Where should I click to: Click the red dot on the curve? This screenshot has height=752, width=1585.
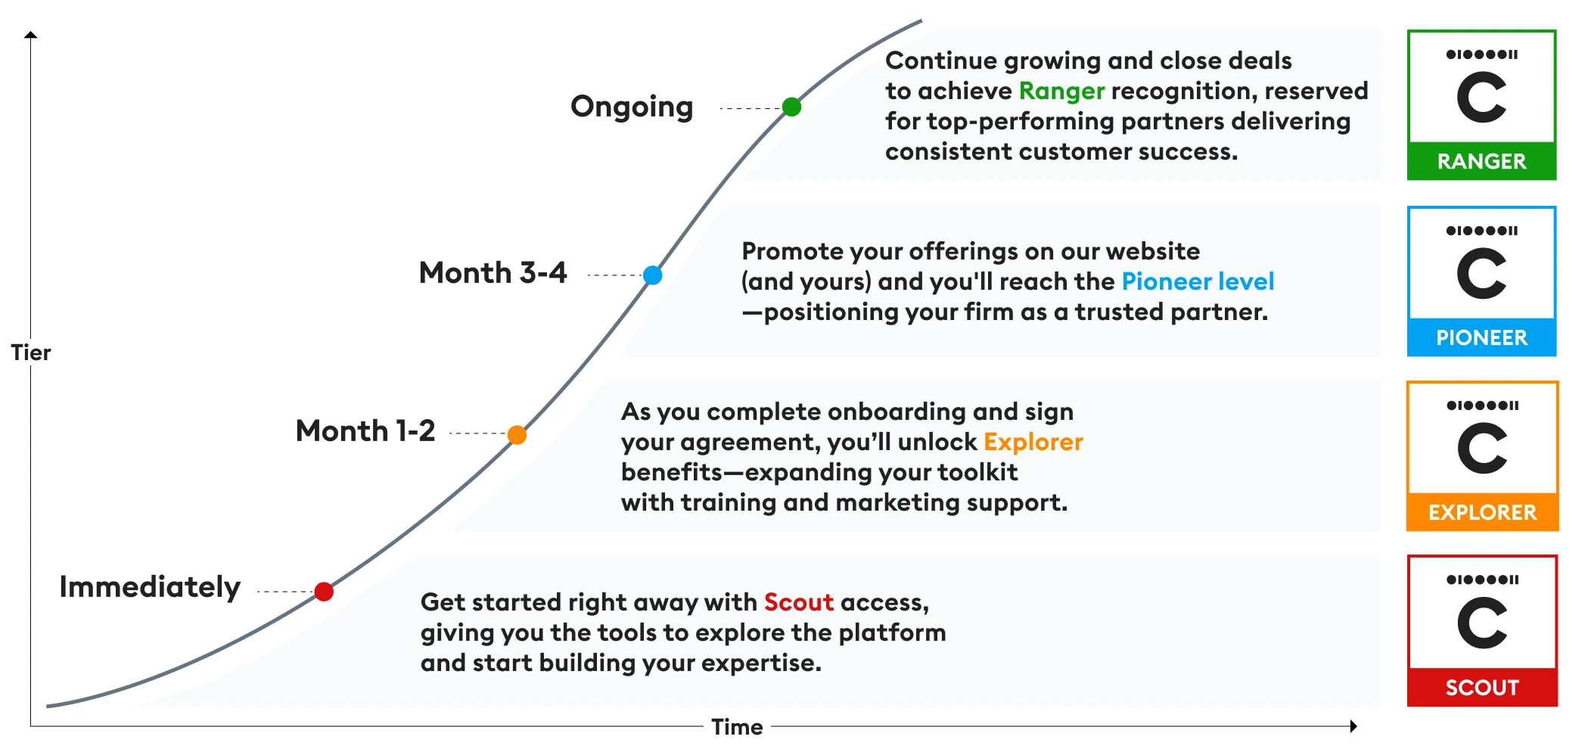pyautogui.click(x=324, y=592)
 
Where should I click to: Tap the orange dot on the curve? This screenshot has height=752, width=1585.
pyautogui.click(x=517, y=435)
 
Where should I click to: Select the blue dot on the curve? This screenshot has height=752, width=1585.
pyautogui.click(x=652, y=275)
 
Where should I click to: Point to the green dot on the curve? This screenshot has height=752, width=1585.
pyautogui.click(x=791, y=107)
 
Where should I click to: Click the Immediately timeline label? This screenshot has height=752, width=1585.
pyautogui.click(x=150, y=587)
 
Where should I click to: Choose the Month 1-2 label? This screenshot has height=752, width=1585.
pyautogui.click(x=365, y=431)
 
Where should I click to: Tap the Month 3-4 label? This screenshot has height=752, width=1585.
pyautogui.click(x=493, y=272)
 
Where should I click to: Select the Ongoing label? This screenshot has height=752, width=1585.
pyautogui.click(x=632, y=107)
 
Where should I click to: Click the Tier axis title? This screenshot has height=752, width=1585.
pyautogui.click(x=31, y=353)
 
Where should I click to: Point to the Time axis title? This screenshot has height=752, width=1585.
pyautogui.click(x=737, y=727)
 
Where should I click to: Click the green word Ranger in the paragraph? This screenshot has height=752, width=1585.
pyautogui.click(x=1061, y=92)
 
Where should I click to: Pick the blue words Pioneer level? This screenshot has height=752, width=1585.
pyautogui.click(x=1198, y=281)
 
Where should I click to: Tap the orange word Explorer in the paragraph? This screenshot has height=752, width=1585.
pyautogui.click(x=1033, y=442)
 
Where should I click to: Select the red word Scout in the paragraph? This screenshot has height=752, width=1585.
pyautogui.click(x=798, y=602)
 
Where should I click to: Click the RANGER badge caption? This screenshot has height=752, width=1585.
pyautogui.click(x=1481, y=161)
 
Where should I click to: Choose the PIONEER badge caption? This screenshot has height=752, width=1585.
pyautogui.click(x=1481, y=337)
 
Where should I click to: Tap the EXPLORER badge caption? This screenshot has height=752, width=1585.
pyautogui.click(x=1482, y=513)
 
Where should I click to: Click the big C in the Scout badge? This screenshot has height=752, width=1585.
pyautogui.click(x=1482, y=623)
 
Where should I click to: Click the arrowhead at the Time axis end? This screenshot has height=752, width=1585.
pyautogui.click(x=1353, y=726)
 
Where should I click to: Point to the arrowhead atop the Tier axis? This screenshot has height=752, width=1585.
pyautogui.click(x=31, y=35)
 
